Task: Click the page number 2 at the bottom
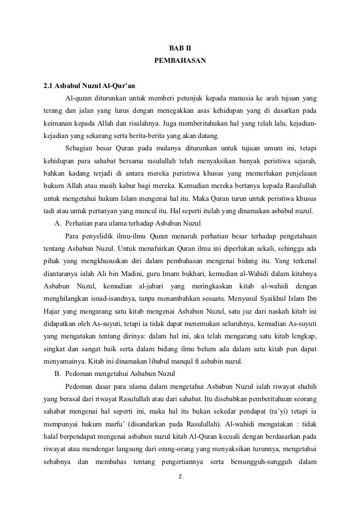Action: [x=180, y=477]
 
